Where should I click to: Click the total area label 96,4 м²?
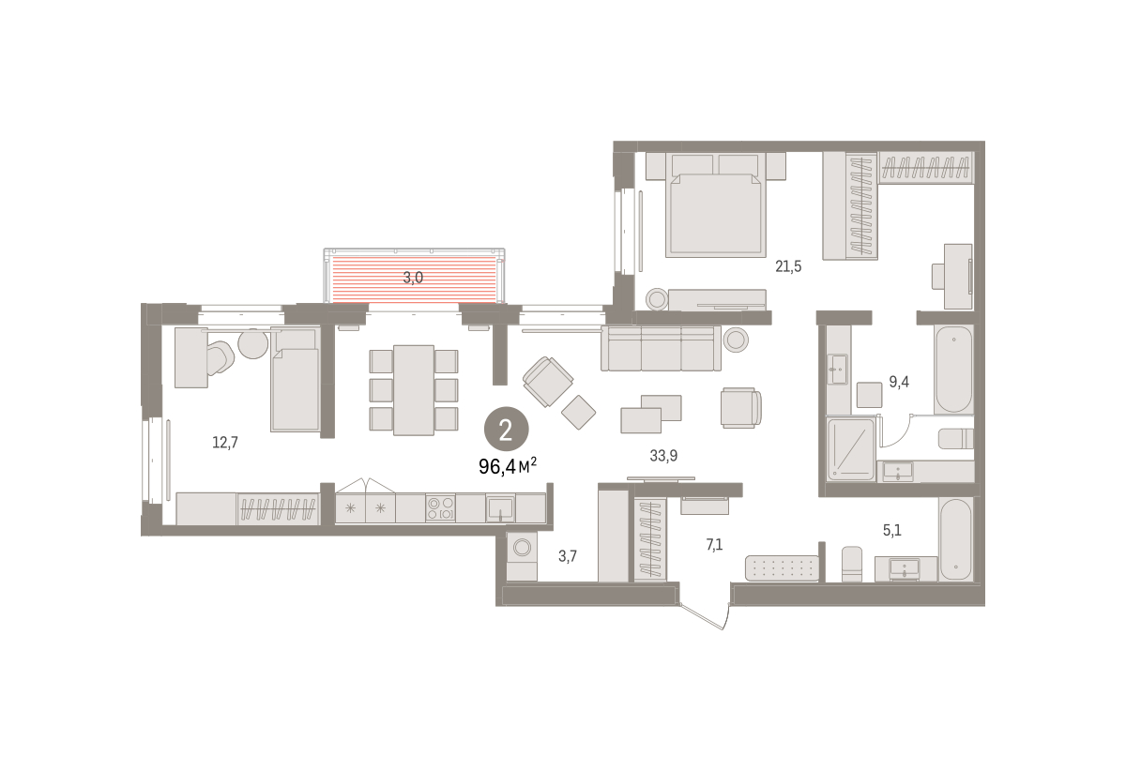point(508,466)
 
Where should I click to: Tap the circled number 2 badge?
point(506,429)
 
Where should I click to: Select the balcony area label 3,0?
point(413,278)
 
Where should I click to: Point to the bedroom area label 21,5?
point(788,266)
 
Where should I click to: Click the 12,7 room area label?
point(224,443)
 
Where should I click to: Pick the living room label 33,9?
point(663,455)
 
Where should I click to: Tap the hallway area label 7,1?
point(714,544)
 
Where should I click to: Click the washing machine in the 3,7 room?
point(522,557)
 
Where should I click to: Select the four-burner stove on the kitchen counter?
point(440,507)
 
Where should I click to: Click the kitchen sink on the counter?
point(500,508)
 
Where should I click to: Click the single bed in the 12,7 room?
point(295,380)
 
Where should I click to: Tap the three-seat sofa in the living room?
point(661,348)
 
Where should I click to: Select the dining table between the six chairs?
point(414,390)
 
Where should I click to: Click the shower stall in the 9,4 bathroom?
point(850,449)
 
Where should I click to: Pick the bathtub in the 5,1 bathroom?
point(955,538)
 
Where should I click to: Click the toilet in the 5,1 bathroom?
point(852,564)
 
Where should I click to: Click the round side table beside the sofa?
point(736,340)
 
